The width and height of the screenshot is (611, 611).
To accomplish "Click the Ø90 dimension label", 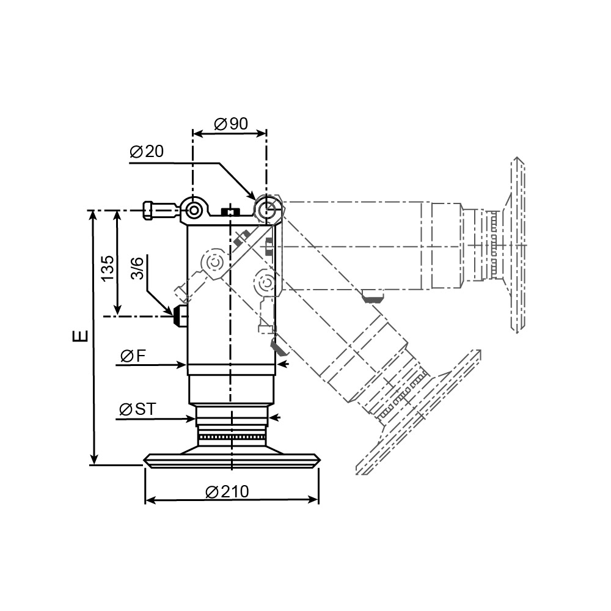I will click(x=231, y=124).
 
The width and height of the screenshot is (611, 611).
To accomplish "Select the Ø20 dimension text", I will click(x=147, y=152).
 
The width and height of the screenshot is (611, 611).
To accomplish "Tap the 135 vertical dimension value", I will click(x=108, y=268).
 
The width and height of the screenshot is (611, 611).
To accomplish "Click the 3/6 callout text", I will click(x=137, y=268).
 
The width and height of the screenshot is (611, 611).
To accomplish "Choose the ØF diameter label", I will click(x=133, y=356).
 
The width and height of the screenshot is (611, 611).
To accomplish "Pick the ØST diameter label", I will click(x=137, y=409).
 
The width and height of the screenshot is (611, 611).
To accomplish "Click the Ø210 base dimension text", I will click(x=227, y=491).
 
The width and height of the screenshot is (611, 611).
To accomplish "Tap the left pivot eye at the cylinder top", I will click(x=194, y=211).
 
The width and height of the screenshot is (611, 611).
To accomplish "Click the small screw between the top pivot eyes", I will click(x=230, y=212).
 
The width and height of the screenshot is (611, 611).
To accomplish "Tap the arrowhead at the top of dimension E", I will click(x=93, y=214).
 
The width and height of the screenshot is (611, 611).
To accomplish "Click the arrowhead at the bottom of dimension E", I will click(x=93, y=460).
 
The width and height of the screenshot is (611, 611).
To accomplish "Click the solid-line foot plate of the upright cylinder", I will click(x=231, y=459).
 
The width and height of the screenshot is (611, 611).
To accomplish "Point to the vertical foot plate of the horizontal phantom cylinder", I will click(x=517, y=244).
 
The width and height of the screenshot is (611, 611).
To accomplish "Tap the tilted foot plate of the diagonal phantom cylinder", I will click(x=422, y=415).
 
